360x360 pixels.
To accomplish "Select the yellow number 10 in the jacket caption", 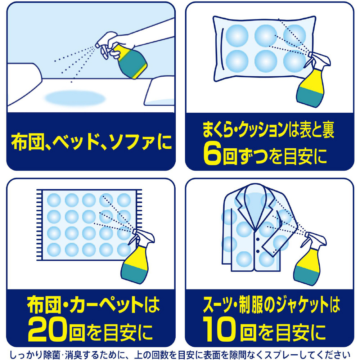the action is [219, 329].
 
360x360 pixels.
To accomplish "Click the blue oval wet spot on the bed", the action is [75, 98].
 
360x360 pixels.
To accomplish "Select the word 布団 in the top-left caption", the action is [28, 142].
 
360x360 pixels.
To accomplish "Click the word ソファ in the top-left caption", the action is [131, 142].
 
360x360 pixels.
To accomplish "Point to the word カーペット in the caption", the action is [106, 305].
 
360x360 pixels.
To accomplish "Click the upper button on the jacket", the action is [258, 239].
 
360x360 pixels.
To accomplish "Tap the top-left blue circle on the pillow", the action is [237, 36].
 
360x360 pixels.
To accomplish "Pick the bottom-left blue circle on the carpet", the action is [54, 249].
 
